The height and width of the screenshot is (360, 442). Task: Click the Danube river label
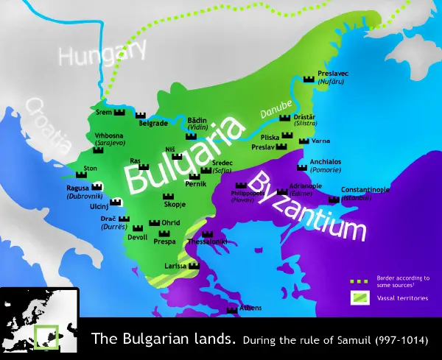click(x=275, y=110)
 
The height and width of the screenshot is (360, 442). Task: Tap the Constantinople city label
click(x=365, y=190)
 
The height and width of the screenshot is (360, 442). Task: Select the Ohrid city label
click(x=171, y=222)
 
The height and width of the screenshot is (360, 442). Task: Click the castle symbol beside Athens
click(x=232, y=309)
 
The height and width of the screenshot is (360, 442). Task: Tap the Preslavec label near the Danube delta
click(x=332, y=74)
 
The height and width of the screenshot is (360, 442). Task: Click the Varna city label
click(x=320, y=140)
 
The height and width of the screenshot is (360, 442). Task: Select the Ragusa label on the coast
click(x=79, y=188)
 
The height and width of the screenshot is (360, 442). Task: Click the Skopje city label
click(x=176, y=202)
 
